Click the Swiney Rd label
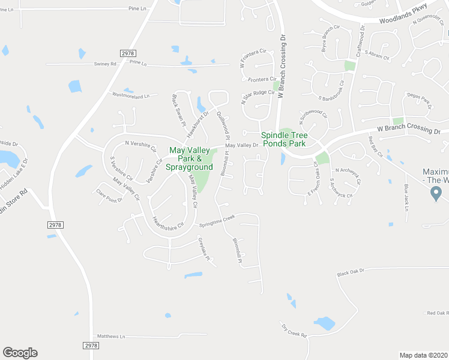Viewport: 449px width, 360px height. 105,64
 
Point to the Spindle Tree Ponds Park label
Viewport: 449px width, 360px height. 283,139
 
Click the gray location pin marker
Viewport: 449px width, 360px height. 436,193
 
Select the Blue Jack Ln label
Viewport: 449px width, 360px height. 406,198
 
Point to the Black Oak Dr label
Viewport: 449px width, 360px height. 351,272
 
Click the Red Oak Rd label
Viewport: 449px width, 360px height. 438,313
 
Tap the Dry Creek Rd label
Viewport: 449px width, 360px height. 294,330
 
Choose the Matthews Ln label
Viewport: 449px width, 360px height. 111,337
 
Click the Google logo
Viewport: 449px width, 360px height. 20,353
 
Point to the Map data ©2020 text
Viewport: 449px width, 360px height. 424,355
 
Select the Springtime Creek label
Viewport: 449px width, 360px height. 217,221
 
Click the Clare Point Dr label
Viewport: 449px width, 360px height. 109,196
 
